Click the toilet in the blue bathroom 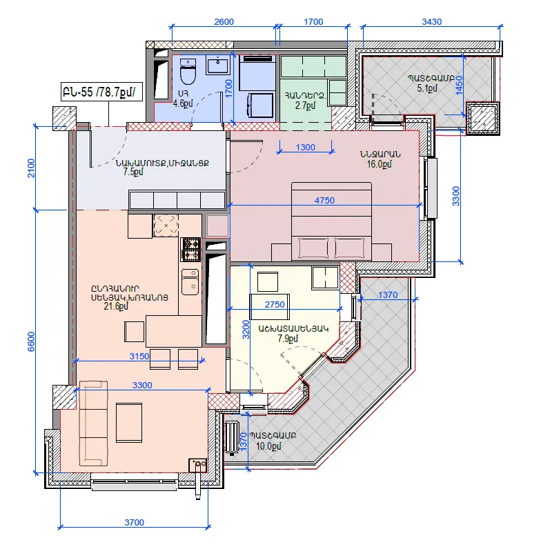[x=188, y=72]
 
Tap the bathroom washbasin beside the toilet [x=218, y=66]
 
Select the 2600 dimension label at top [x=224, y=22]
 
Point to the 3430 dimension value [x=431, y=22]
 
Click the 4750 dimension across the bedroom [x=324, y=201]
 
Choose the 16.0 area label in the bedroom [x=379, y=164]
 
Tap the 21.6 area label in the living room [x=116, y=306]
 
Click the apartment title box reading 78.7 [x=101, y=92]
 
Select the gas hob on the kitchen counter [x=191, y=250]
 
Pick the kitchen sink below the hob [x=190, y=282]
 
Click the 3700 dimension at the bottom [x=135, y=522]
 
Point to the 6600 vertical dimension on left [x=31, y=341]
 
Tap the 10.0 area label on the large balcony [x=268, y=446]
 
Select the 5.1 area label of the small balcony [x=427, y=88]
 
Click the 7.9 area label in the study [x=288, y=339]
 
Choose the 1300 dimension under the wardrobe [x=306, y=147]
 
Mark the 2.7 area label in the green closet [x=306, y=105]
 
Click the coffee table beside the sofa [x=129, y=423]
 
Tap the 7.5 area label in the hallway [x=133, y=172]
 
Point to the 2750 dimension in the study [x=274, y=304]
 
